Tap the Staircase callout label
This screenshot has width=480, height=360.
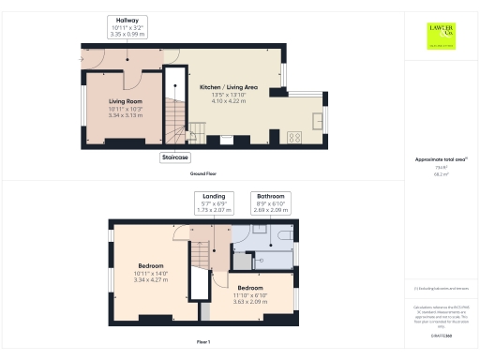pyautogui.click(x=175, y=157)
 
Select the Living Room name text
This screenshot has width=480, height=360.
pyautogui.click(x=124, y=100)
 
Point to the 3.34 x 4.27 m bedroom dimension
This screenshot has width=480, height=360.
pyautogui.click(x=151, y=279)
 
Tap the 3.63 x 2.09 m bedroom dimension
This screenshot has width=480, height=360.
pyautogui.click(x=251, y=301)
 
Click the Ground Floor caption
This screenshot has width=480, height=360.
pyautogui.click(x=203, y=174)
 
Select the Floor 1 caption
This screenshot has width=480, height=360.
pyautogui.click(x=203, y=342)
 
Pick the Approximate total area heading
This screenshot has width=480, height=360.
pyautogui.click(x=441, y=159)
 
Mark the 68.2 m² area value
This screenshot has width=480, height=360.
pyautogui.click(x=441, y=174)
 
